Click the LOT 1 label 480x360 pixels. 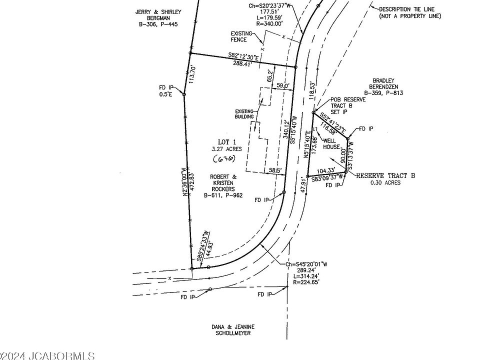pyautogui.click(x=226, y=141)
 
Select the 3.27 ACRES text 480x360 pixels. pyautogui.click(x=226, y=149)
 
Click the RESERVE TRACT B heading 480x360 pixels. pyautogui.click(x=385, y=175)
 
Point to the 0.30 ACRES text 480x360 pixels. pyautogui.click(x=385, y=182)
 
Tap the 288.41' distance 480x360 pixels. pyautogui.click(x=244, y=63)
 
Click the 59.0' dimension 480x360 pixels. pyautogui.click(x=283, y=86)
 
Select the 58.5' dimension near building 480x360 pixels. pyautogui.click(x=274, y=170)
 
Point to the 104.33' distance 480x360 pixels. pyautogui.click(x=325, y=171)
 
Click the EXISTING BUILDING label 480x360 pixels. pyautogui.click(x=245, y=114)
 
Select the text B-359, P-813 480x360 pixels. pyautogui.click(x=383, y=93)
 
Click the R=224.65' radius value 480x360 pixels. pyautogui.click(x=306, y=282)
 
